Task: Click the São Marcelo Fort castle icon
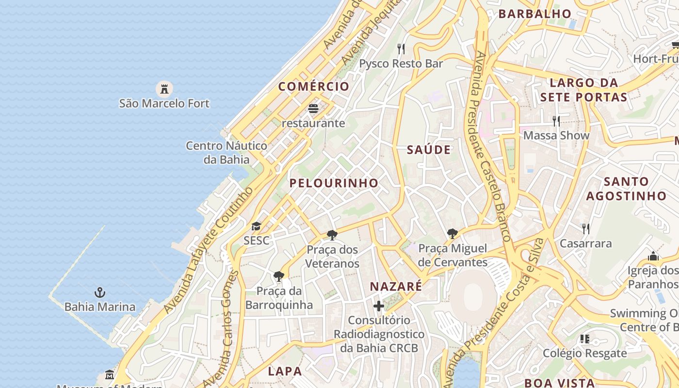(x=164, y=89)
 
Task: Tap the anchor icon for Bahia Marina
(x=100, y=292)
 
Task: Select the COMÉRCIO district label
(x=313, y=86)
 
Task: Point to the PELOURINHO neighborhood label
(x=334, y=183)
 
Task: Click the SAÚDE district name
(x=429, y=150)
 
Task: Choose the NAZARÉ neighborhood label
(x=396, y=287)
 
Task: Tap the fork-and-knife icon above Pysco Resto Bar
(x=401, y=49)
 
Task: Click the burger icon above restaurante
(x=313, y=108)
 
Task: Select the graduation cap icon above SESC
(x=256, y=226)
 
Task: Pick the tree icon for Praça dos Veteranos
(x=332, y=235)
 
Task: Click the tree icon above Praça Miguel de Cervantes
(x=453, y=234)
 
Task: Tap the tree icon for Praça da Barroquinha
(x=279, y=276)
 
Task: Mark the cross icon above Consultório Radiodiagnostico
(x=379, y=306)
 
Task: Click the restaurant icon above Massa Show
(x=556, y=121)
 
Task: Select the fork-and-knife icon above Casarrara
(x=585, y=228)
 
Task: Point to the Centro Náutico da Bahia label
(x=226, y=152)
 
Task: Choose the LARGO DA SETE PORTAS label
(x=583, y=90)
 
